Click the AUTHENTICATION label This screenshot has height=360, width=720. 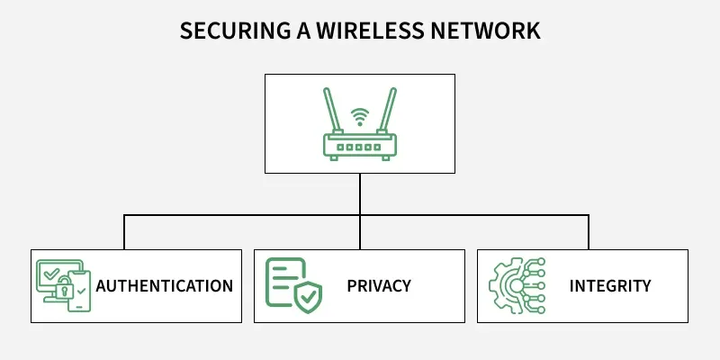click(x=165, y=286)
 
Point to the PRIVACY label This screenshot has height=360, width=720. click(x=379, y=286)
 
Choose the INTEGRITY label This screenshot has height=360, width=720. click(x=610, y=286)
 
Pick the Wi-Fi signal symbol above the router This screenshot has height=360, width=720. click(x=360, y=116)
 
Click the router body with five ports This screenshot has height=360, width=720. click(x=360, y=145)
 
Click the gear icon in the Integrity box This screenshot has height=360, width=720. click(x=503, y=286)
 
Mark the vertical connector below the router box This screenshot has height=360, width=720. click(x=360, y=193)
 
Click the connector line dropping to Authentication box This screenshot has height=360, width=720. click(x=124, y=232)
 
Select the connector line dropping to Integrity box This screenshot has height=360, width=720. click(x=589, y=232)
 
